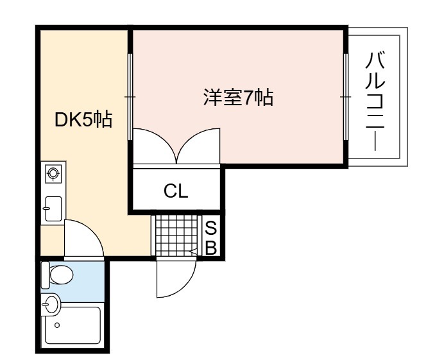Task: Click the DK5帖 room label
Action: pyautogui.click(x=83, y=119)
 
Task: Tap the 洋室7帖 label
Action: pyautogui.click(x=238, y=97)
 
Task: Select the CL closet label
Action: pyautogui.click(x=176, y=191)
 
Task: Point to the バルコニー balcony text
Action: pyautogui.click(x=375, y=101)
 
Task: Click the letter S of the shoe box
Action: pyautogui.click(x=211, y=228)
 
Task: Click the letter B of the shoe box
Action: pyautogui.click(x=211, y=248)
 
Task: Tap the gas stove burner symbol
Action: pyautogui.click(x=53, y=173)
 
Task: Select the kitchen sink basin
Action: pyautogui.click(x=53, y=209)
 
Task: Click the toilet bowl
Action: pyautogui.click(x=61, y=275)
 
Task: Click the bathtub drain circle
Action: pyautogui.click(x=57, y=325)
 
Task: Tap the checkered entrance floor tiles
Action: pyautogui.click(x=176, y=235)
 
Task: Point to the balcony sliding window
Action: pyautogui.click(x=346, y=97)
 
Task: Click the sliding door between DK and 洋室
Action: pyautogui.click(x=130, y=97)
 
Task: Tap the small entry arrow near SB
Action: pyautogui.click(x=193, y=252)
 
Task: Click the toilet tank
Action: pyautogui.click(x=45, y=275)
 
